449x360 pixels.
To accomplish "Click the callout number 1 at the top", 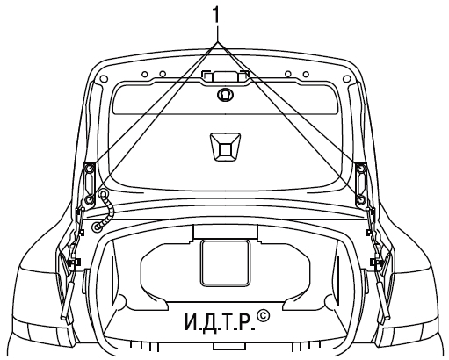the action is pos(216,15).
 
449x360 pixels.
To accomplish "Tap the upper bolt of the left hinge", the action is pos(89,169).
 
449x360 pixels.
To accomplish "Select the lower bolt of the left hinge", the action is pos(89,200).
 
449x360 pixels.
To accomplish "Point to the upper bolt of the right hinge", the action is pos(361,169).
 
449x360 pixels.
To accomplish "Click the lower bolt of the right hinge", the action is pos(361,199).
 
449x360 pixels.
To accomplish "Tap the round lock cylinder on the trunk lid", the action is pos(225,94).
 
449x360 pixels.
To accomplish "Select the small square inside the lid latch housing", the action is pos(225,149).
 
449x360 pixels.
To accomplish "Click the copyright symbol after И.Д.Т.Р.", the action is pos(263,316).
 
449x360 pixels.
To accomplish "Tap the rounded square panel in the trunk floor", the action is pos(225,263).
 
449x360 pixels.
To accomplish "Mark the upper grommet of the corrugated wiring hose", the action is pos(103,193).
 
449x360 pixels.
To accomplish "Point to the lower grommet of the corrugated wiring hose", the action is pos(96,227).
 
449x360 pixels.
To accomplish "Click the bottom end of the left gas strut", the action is pos(63,317).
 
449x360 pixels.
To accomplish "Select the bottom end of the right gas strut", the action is pos(387,316).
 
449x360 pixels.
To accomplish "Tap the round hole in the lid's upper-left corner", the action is pos(104,79).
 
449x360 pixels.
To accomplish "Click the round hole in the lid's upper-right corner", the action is pos(346,78).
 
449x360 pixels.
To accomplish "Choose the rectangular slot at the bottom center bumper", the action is pos(228,346).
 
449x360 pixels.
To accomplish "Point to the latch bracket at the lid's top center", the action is pos(225,76).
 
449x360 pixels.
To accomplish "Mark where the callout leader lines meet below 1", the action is pos(217,42).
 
